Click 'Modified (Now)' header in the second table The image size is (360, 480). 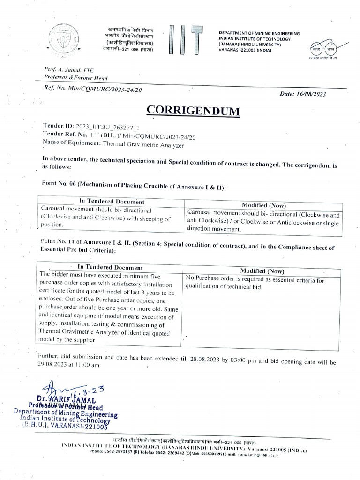262,270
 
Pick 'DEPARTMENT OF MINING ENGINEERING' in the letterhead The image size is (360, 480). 259,34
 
